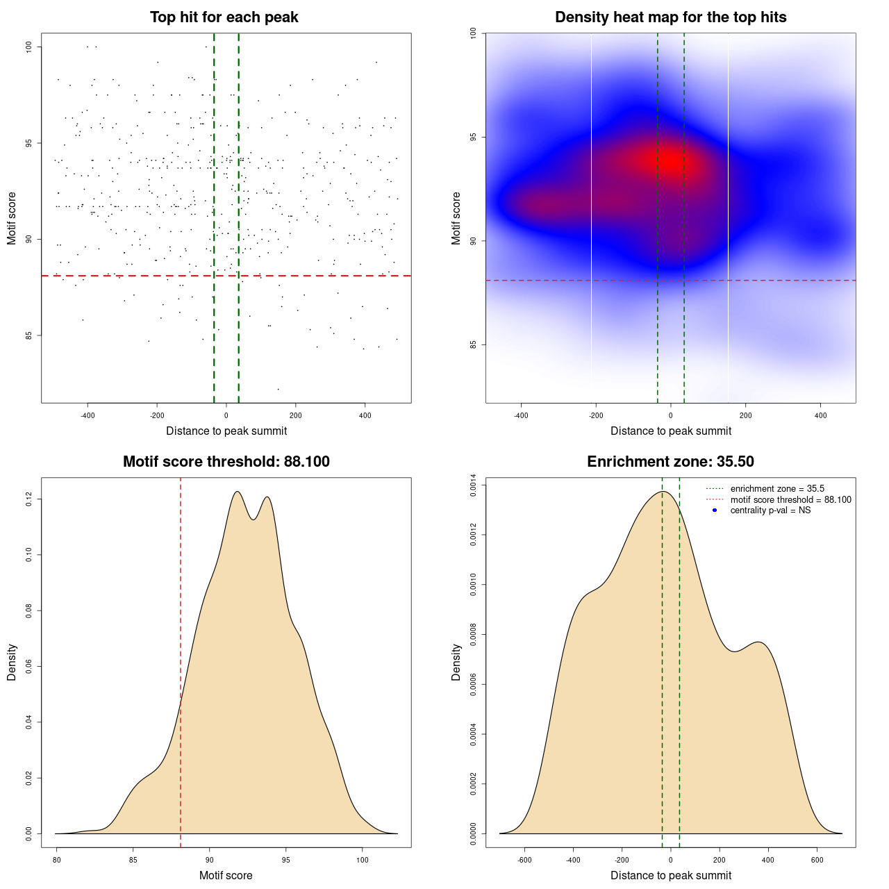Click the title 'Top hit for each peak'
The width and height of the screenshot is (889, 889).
[224, 17]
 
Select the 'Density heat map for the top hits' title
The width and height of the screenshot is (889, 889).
[670, 17]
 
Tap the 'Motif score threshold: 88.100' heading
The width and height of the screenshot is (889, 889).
[226, 462]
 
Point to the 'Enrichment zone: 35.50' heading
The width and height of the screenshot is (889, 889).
[670, 462]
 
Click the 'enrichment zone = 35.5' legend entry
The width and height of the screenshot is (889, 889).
[777, 489]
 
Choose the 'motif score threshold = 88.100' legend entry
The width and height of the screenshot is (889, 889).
[790, 500]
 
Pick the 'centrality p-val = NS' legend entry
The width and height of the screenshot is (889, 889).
[770, 510]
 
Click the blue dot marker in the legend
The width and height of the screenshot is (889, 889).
[715, 510]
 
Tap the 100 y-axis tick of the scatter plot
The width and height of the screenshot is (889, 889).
[28, 47]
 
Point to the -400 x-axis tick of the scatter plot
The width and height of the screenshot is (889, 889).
[88, 415]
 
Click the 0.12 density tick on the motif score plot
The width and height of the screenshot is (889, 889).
[28, 499]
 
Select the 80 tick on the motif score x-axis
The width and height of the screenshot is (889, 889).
[57, 860]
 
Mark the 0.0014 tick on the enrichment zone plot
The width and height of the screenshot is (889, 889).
[473, 485]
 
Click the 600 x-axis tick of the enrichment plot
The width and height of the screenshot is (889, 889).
[817, 860]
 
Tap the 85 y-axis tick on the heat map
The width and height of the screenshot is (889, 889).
[473, 344]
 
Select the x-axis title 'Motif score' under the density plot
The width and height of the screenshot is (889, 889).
[226, 875]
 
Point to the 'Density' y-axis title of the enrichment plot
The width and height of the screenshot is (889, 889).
[456, 662]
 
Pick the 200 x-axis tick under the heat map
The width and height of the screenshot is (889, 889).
[745, 415]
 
